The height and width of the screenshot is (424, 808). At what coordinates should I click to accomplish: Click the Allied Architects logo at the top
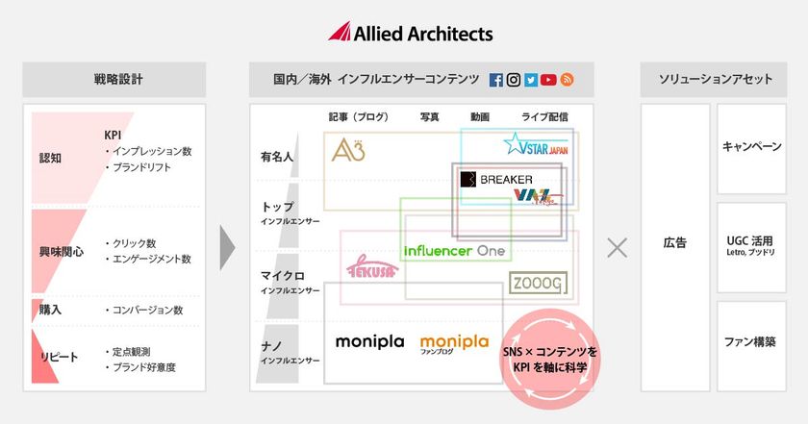411,32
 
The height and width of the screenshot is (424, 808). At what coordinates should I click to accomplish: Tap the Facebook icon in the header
496,81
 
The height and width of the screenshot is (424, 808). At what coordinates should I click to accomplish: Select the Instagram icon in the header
514,81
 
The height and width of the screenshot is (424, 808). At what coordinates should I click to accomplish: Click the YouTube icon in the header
549,81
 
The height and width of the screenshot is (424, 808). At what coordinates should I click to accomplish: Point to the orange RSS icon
568,81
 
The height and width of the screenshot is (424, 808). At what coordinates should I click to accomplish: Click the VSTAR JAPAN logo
536,145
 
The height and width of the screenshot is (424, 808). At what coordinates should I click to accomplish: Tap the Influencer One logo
454,250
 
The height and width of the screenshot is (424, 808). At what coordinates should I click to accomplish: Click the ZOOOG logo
538,283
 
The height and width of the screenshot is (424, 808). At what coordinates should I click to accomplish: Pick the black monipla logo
368,341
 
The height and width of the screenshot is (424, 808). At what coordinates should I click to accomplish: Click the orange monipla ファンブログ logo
454,343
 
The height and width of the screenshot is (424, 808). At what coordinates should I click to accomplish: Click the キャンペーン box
751,147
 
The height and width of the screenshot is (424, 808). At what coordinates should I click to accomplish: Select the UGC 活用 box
751,245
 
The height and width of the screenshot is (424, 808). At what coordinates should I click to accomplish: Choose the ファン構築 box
751,341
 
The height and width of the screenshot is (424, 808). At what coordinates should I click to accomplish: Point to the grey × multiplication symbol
617,247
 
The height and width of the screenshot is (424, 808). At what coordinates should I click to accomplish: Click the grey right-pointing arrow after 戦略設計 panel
228,247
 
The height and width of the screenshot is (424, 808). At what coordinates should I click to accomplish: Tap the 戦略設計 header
114,80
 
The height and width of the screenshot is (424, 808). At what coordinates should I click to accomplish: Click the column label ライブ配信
544,117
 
